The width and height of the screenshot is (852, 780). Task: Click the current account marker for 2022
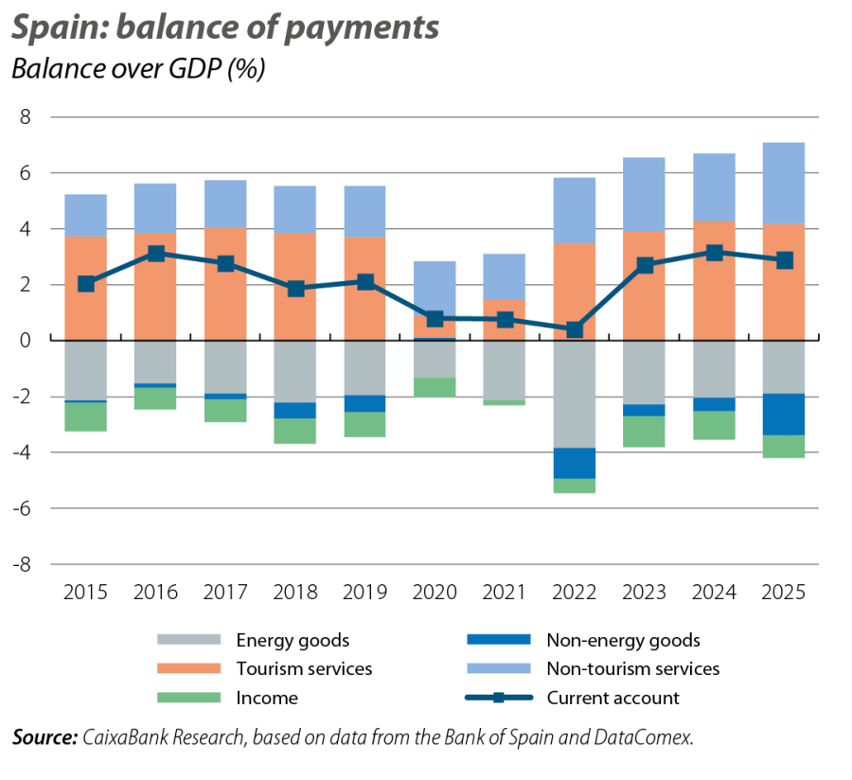click(574, 329)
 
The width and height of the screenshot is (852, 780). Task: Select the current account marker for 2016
click(155, 253)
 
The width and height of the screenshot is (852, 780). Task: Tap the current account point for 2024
click(714, 253)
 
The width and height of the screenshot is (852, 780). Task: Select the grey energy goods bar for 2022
click(574, 393)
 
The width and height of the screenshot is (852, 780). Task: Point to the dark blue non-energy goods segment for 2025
click(784, 414)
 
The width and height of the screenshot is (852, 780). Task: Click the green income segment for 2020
click(435, 386)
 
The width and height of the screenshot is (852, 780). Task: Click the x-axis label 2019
click(364, 594)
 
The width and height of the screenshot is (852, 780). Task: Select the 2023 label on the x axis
click(644, 594)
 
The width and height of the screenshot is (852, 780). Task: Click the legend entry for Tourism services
click(304, 669)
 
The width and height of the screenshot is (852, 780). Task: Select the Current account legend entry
click(612, 698)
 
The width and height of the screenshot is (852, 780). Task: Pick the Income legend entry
click(267, 698)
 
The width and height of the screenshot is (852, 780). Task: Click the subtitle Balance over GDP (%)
click(136, 70)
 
